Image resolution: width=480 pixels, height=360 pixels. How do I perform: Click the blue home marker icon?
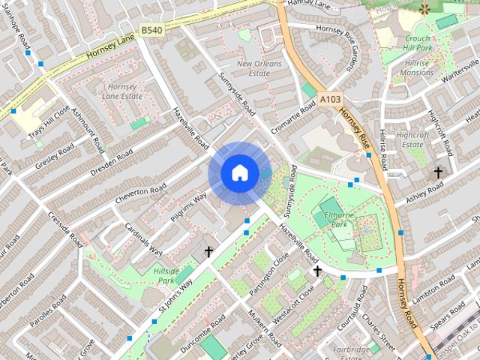pos(239,173)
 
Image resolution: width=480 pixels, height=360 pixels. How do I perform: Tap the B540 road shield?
pos(151,30)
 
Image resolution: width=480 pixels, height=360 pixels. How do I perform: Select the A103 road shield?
pos(329,97)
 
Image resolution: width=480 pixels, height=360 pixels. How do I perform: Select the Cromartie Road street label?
pos(293,119)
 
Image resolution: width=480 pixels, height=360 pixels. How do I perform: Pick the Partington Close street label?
pos(269,277)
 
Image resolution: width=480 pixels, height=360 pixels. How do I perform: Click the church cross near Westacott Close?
pos(317,271)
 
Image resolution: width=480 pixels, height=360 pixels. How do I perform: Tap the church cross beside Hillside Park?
pos(208,253)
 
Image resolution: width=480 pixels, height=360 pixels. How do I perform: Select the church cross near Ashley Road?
pos(438,172)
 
